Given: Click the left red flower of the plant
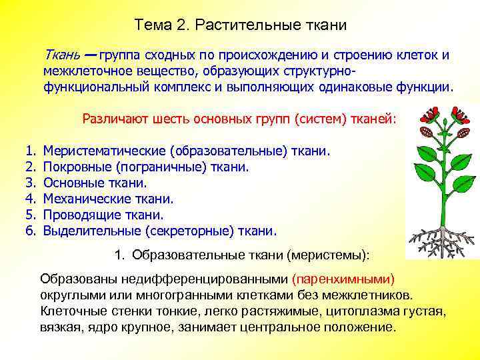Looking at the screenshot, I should coord(426,119).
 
